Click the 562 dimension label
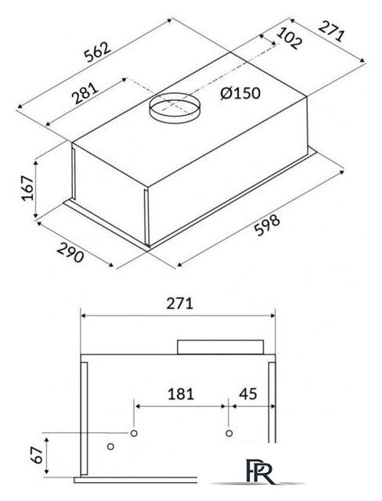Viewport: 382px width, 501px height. tap(97, 52)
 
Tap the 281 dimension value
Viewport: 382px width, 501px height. tap(85, 93)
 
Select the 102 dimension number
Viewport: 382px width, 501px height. tap(289, 38)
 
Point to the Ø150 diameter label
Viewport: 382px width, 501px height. tap(240, 93)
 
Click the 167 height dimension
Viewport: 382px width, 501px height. tap(27, 188)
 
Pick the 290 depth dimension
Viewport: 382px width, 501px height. tap(70, 252)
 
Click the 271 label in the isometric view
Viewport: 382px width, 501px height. tap(332, 31)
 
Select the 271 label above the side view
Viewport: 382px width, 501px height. tap(180, 304)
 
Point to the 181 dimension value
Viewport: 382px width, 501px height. tap(181, 394)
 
